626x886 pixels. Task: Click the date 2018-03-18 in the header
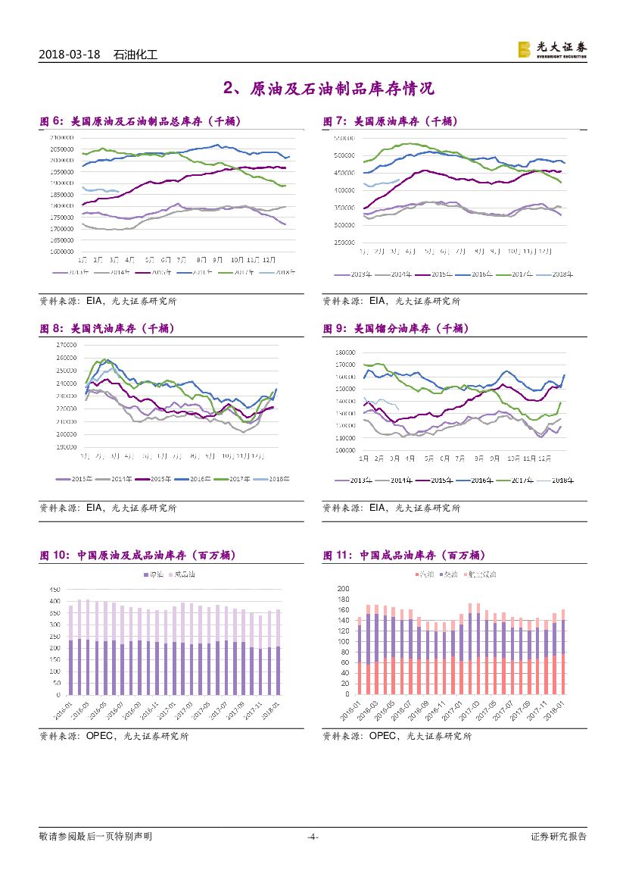(x=70, y=55)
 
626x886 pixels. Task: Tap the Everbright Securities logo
(x=552, y=49)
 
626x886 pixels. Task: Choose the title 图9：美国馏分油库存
(x=396, y=329)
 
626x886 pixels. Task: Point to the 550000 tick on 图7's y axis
(x=345, y=138)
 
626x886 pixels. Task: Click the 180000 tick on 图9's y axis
(x=345, y=352)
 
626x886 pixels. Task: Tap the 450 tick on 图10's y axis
(x=54, y=590)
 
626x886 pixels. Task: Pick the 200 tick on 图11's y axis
(x=343, y=589)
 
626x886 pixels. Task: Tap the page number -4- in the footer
(x=313, y=837)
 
